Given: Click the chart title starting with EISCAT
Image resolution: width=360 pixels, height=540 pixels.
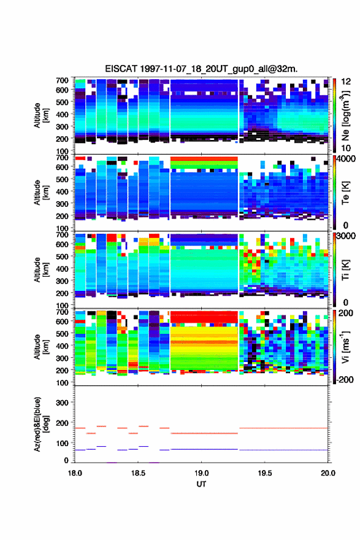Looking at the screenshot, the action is pos(201,69).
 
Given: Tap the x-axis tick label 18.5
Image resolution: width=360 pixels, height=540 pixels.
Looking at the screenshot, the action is pos(138,473).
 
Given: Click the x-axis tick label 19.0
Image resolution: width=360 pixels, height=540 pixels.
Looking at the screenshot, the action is pos(201,473).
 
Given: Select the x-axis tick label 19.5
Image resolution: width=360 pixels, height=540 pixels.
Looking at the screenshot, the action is pos(265,473).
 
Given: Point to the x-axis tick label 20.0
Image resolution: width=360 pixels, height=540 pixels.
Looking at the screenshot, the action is pos(328,473).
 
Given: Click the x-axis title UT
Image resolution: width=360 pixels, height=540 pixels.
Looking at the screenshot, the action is pos(201,484).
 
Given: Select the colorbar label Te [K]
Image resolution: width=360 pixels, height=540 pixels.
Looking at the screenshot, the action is pos(345,193).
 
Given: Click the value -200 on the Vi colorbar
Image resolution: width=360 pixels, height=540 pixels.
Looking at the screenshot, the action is pos(345,380).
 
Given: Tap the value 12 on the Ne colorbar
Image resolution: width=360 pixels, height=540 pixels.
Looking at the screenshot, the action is pos(347,82).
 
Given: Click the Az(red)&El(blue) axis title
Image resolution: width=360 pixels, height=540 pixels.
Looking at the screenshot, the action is pos(42,424).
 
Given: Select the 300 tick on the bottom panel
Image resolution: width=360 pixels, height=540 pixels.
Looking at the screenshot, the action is pos(62,403).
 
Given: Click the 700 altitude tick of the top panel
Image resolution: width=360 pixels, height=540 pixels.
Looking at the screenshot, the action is pos(62,80).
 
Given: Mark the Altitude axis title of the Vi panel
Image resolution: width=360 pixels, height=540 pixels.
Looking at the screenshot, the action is pos(41,347).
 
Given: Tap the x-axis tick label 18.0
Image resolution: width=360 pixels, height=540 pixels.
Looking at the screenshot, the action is pos(75,473).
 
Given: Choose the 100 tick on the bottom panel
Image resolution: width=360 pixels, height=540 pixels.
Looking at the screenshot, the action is pos(62,443).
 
